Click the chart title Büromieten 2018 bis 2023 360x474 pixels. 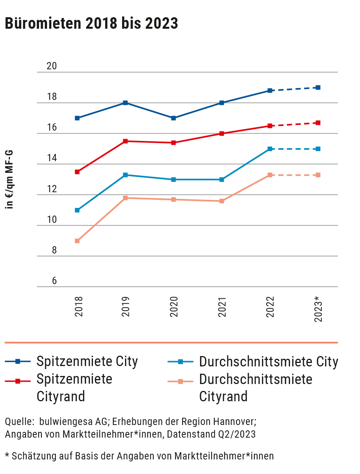(91, 24)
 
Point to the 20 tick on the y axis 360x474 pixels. (52, 66)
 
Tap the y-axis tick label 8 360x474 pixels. (54, 250)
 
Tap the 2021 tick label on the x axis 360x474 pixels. (223, 307)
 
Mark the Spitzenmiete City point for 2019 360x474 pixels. (125, 103)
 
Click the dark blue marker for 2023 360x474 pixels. (318, 88)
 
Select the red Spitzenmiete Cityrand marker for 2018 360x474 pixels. (77, 172)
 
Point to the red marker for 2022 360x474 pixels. (270, 126)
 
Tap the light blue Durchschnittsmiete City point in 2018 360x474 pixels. (77, 210)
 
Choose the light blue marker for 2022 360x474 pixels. (270, 149)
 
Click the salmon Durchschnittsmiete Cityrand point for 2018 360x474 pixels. (77, 241)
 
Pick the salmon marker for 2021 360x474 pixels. (222, 201)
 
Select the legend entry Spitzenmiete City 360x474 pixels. (87, 361)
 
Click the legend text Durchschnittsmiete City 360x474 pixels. (269, 361)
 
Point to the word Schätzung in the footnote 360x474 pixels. (28, 456)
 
